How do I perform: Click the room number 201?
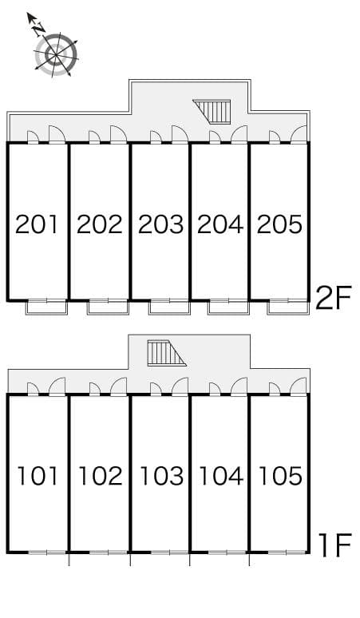point(37,224)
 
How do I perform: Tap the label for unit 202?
point(99,224)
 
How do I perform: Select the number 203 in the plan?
point(160,224)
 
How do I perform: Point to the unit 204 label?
point(220,224)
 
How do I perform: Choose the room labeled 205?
point(279,224)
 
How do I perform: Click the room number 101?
point(38,476)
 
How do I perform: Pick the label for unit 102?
point(101,476)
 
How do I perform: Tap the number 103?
point(162,476)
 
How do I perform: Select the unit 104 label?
point(221,476)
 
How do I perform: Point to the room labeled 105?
point(281,476)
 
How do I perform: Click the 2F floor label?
point(333,298)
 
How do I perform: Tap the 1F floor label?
point(335,545)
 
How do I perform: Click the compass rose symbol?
point(56,54)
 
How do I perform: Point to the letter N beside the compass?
point(38,29)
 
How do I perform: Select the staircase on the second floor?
point(212,112)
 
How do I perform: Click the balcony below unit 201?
point(47,307)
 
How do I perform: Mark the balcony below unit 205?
point(288,307)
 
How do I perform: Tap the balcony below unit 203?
point(169,307)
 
